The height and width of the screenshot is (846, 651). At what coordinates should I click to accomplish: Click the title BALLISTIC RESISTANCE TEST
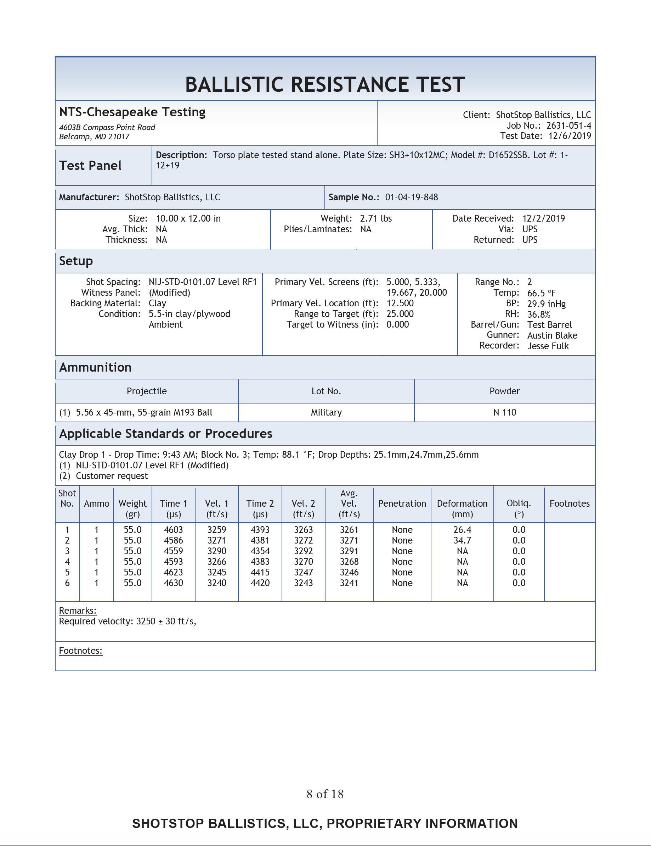pyautogui.click(x=325, y=84)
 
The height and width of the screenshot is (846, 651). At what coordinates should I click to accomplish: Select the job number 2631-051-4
pyautogui.click(x=568, y=126)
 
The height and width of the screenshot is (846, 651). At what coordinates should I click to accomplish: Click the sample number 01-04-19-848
pyautogui.click(x=412, y=197)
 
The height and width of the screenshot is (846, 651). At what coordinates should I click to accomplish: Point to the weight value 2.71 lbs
pyautogui.click(x=376, y=218)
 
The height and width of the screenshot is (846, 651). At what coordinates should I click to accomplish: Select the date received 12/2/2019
pyautogui.click(x=543, y=218)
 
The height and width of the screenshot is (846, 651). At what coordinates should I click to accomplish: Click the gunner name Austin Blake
pyautogui.click(x=552, y=335)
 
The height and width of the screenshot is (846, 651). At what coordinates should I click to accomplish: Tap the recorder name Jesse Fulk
pyautogui.click(x=548, y=346)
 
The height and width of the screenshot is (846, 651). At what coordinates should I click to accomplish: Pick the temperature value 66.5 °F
pyautogui.click(x=542, y=293)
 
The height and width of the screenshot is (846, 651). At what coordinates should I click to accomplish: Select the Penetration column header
pyautogui.click(x=402, y=503)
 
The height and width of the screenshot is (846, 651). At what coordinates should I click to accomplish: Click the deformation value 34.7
pyautogui.click(x=462, y=540)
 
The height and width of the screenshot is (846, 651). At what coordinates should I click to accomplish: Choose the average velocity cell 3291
pyautogui.click(x=349, y=551)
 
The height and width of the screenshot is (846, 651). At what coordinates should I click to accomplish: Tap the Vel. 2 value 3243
pyautogui.click(x=304, y=583)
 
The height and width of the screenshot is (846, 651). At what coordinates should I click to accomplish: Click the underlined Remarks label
pyautogui.click(x=78, y=611)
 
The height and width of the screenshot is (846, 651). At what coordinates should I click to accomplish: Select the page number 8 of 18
pyautogui.click(x=325, y=794)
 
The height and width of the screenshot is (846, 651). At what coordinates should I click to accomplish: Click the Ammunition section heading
pyautogui.click(x=95, y=367)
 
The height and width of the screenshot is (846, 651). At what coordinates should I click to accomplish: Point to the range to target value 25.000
pyautogui.click(x=400, y=314)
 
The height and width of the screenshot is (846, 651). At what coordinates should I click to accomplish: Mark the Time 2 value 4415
pyautogui.click(x=260, y=572)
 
